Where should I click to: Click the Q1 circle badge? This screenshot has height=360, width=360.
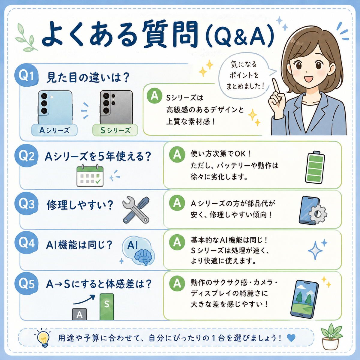tap(26, 76)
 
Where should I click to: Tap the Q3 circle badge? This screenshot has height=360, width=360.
tap(26, 203)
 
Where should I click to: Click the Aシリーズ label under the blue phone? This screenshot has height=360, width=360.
tap(54, 130)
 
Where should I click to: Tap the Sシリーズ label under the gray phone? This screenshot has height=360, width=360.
tap(115, 130)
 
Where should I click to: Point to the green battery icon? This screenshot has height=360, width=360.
tap(315, 167)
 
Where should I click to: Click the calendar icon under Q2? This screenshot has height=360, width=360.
tap(90, 175)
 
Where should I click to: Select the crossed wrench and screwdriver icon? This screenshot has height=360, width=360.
tap(136, 210)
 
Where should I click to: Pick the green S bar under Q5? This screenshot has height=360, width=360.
tap(107, 307)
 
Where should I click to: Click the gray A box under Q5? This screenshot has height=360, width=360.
tap(79, 314)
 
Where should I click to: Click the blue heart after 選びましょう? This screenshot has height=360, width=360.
tap(291, 338)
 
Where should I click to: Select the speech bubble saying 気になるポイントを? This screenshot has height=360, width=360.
tap(245, 75)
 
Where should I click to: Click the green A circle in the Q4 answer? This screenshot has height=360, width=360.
tap(177, 242)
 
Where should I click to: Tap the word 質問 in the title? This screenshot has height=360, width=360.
tap(170, 35)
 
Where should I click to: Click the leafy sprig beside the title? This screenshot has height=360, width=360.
tap(27, 38)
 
